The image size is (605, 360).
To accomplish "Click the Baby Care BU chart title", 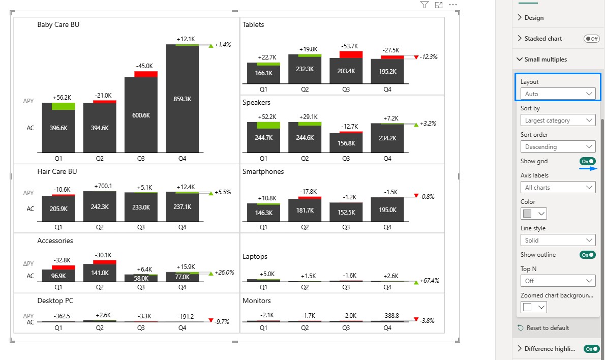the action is point(58,25).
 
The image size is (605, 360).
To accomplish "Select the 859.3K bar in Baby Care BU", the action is point(182,99).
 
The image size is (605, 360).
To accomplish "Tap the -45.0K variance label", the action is point(144,66).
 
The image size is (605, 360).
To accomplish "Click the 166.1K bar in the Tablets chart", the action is point(263,73).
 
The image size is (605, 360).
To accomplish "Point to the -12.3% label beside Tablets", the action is point(429,57).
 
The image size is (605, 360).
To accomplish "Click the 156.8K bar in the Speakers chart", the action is point(346,143).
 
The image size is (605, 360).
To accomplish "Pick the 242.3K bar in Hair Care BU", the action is point(100,207).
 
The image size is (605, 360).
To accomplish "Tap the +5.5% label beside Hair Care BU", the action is point(223,192).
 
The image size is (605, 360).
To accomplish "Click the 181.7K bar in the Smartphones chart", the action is point(305,211).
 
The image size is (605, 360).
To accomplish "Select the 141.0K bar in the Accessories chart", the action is point(100,273).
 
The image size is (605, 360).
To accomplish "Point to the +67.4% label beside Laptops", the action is point(430,281).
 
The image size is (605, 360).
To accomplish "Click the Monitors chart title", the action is point(257,301).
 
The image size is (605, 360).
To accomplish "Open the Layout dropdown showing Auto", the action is point(558,94).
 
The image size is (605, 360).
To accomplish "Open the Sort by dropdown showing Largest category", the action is point(558,121).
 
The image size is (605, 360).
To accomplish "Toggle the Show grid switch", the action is point(587,161).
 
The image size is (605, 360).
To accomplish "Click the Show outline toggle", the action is point(587,255).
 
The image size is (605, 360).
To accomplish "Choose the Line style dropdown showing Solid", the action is point(558,241).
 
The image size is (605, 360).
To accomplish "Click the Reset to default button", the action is point(543,328).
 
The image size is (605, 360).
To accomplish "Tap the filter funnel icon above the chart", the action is point(424,5).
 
